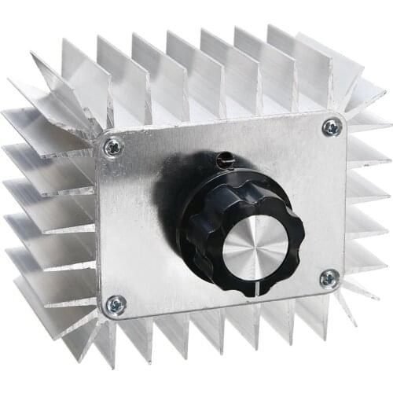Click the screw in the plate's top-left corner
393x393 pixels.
tap(113, 145)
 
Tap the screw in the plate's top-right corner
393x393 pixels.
tap(332, 127)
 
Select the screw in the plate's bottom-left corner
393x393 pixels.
tap(116, 303)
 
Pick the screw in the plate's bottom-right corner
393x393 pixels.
tap(329, 278)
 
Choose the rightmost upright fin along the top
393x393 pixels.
tap(314, 59)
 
